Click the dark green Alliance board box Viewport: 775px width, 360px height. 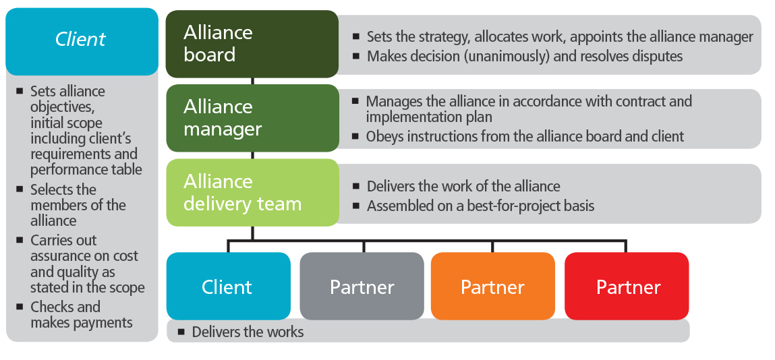(x=252, y=44)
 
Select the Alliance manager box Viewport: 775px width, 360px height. (x=252, y=118)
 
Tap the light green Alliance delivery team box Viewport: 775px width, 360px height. (x=252, y=192)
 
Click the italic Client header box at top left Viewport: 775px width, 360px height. (x=81, y=40)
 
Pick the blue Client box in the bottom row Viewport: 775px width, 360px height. (x=227, y=287)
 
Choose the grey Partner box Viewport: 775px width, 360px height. (x=362, y=287)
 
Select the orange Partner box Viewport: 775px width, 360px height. (x=492, y=287)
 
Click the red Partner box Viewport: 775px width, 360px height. (x=627, y=287)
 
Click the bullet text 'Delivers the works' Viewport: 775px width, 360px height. (x=248, y=332)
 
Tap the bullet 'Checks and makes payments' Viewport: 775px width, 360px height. (x=81, y=315)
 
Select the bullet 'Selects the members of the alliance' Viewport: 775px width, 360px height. (x=78, y=205)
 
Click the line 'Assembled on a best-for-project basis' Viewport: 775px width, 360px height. (x=480, y=206)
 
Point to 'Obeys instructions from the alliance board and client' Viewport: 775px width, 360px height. (x=525, y=137)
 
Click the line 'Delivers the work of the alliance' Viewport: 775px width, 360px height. (x=463, y=186)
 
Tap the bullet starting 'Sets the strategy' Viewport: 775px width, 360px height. (x=559, y=37)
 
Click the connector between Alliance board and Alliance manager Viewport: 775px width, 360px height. (x=252, y=81)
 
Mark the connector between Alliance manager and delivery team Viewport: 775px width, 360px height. (x=252, y=155)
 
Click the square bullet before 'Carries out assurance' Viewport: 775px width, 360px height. (x=20, y=241)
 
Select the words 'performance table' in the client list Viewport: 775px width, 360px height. (x=86, y=169)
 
